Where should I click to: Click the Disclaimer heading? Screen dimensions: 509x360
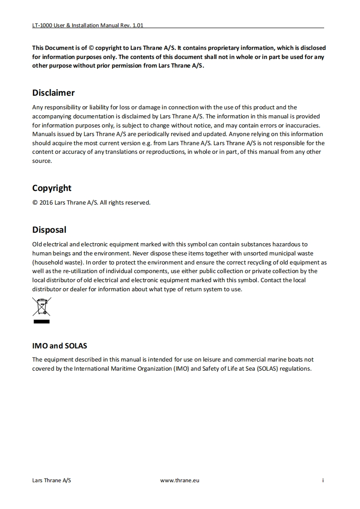tap(53, 93)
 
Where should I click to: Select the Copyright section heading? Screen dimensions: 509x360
tap(52, 188)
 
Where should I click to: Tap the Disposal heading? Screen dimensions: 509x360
tap(49, 230)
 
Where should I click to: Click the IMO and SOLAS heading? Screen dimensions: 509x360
tap(59, 346)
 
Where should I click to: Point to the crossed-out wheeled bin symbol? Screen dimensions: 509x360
tap(41, 306)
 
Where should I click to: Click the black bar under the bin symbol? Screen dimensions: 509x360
tap(41, 321)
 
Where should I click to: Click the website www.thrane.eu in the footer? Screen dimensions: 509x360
tap(180, 480)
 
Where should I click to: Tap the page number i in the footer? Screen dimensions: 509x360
tap(323, 480)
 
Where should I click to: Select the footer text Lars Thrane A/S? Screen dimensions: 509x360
tap(52, 480)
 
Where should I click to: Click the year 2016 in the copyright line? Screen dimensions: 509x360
tap(46, 203)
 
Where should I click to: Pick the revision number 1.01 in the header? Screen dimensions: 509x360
tap(138, 25)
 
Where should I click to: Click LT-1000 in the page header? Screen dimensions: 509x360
tap(42, 25)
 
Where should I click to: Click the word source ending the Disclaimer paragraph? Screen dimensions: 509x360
tap(42, 161)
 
